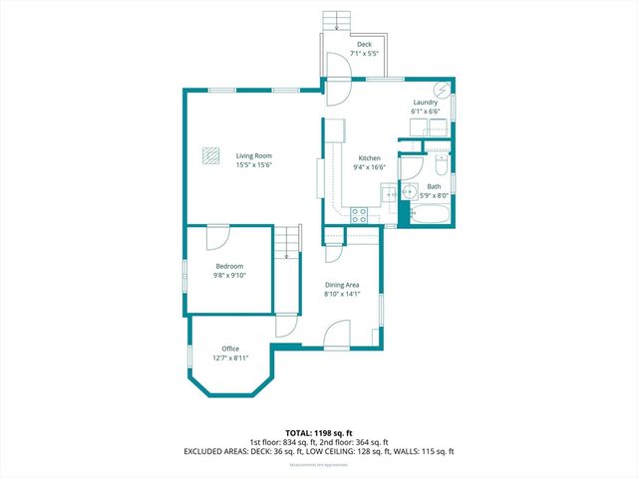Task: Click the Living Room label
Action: tap(253, 156)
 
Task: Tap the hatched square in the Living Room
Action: tap(210, 155)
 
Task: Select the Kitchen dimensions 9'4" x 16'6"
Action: tap(369, 167)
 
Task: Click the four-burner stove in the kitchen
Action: tap(360, 213)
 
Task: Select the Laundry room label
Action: tap(426, 102)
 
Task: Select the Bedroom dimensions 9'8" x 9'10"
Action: tap(230, 275)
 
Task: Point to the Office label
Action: tap(230, 349)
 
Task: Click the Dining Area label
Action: tap(341, 286)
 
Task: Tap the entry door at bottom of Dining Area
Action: tap(338, 335)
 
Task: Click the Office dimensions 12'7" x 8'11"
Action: tap(230, 358)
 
